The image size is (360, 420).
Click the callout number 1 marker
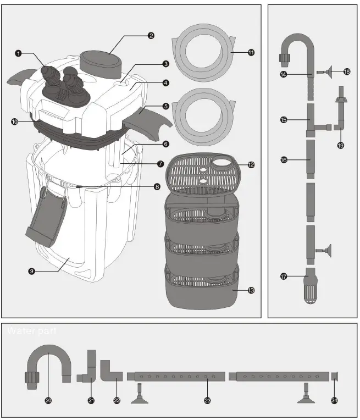point(18,53)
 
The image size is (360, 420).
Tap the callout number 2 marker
point(151,36)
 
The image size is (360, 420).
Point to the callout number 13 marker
point(251,290)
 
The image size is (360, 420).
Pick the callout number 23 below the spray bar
point(207,401)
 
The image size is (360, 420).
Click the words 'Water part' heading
point(30,331)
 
